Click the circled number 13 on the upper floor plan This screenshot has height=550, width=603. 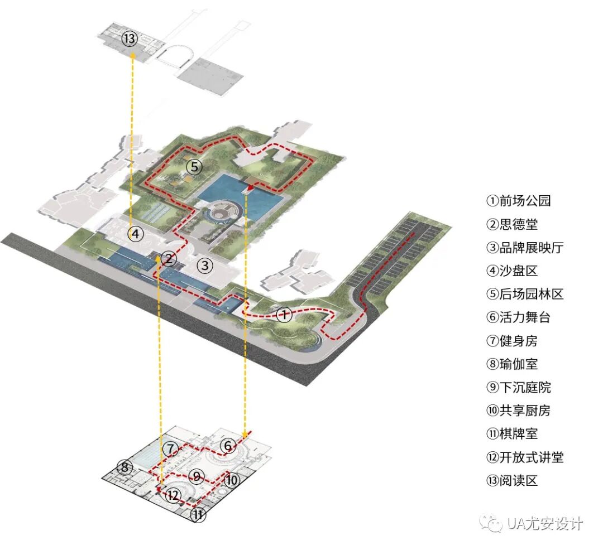coord(130,39)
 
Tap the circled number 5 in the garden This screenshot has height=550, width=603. coord(193,166)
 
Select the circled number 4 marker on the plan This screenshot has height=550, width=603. coord(135,234)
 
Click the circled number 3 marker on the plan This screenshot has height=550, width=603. coord(205,266)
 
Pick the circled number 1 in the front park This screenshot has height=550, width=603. coord(284,315)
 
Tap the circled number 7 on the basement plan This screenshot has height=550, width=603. coord(171,448)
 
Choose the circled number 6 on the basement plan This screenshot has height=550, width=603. coord(227,446)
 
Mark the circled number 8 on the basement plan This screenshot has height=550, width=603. coord(125,466)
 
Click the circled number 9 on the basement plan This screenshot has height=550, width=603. coord(196,476)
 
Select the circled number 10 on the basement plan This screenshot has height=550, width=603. coord(232,479)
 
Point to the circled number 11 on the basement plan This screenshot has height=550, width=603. coord(198,515)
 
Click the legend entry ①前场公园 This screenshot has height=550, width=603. coord(519,201)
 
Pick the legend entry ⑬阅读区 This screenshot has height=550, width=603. coord(512,480)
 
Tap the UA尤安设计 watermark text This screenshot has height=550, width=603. coord(544,524)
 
